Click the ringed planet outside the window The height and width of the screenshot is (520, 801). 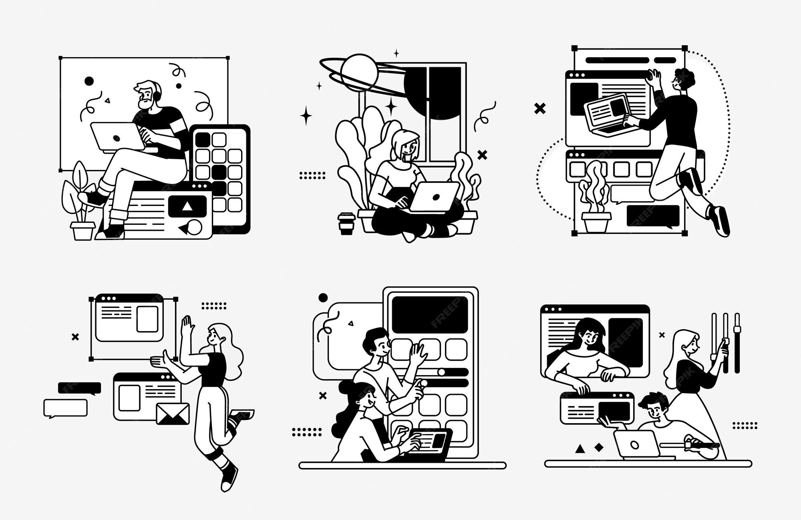tap(358, 72)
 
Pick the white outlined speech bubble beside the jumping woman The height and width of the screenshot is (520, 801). tap(65, 408)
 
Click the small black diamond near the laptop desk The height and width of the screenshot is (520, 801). tap(599, 447)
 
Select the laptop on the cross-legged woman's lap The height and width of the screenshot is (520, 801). tap(435, 196)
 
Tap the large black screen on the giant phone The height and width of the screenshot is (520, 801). tap(430, 315)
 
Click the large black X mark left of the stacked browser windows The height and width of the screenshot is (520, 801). tap(540, 108)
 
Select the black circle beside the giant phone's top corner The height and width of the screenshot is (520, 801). tap(323, 298)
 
